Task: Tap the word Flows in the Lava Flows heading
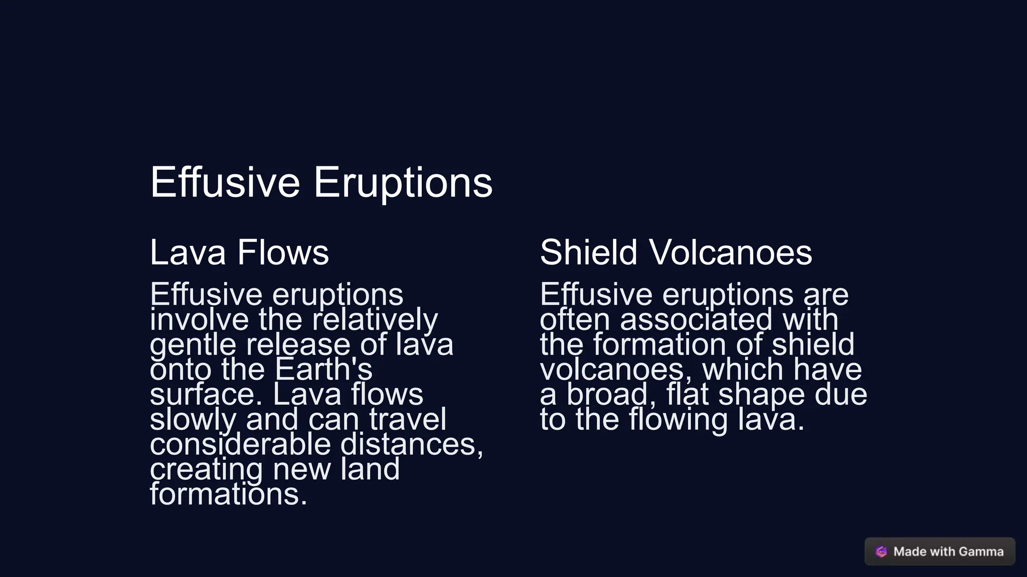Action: [283, 252]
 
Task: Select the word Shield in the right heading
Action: [588, 252]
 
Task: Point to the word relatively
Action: [375, 320]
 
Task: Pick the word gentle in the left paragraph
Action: [193, 345]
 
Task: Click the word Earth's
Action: [323, 370]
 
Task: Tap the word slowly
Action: [193, 420]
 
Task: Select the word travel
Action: [407, 420]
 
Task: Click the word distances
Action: [411, 444]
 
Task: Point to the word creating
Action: [206, 470]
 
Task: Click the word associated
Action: [696, 320]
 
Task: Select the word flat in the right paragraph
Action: [687, 395]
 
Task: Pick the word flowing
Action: [678, 420]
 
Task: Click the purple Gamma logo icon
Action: [881, 551]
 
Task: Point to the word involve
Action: [199, 320]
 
